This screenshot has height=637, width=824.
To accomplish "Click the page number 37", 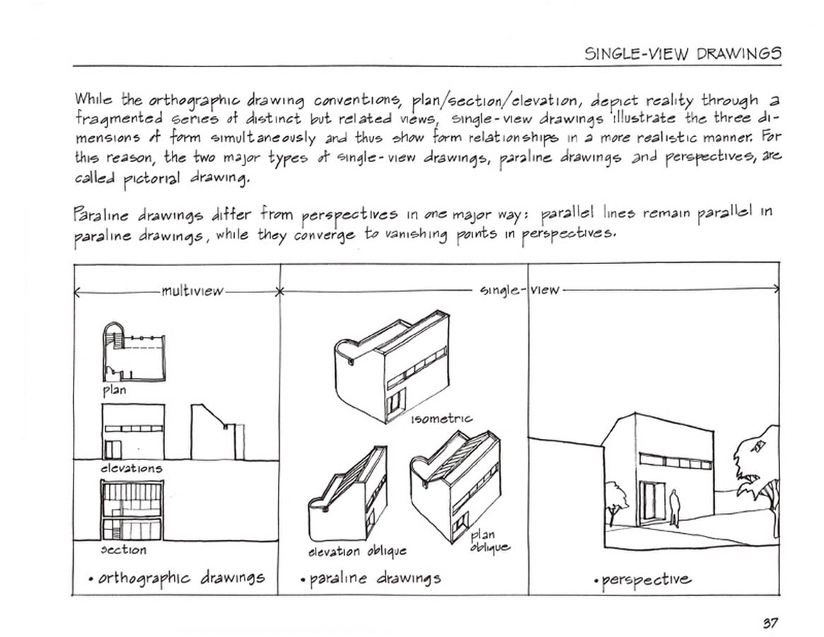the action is click(x=770, y=624).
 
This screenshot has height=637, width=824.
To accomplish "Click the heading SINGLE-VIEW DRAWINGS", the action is click(x=683, y=53).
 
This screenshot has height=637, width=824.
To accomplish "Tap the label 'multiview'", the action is click(x=192, y=291).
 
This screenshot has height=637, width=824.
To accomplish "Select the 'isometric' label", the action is click(x=441, y=419).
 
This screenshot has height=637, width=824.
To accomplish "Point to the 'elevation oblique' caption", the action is click(x=357, y=551).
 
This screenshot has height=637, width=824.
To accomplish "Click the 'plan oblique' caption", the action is click(x=489, y=541).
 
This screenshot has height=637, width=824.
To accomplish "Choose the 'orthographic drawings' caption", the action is click(x=177, y=579).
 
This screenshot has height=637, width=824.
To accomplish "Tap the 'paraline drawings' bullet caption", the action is click(x=371, y=579).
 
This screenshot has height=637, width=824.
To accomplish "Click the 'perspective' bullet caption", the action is click(x=643, y=580).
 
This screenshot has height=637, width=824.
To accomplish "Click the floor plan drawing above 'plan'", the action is click(x=134, y=352).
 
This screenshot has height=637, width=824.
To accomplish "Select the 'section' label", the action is click(x=124, y=550).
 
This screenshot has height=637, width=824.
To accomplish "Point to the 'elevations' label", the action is click(x=132, y=468).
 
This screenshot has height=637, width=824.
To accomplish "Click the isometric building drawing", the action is click(x=392, y=367).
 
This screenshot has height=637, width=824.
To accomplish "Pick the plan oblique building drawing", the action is click(x=455, y=486).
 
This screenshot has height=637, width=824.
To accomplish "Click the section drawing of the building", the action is click(x=132, y=510).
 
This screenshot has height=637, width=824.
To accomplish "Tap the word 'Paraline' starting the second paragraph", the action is click(x=101, y=214).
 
